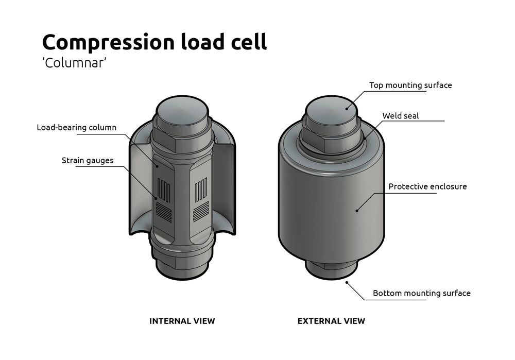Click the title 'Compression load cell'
point(154,41)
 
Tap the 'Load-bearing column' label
point(76,127)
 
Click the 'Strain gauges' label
point(88,161)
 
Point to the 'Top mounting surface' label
point(410,85)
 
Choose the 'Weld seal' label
point(400,116)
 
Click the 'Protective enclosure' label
point(427,186)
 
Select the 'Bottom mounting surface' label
point(421,293)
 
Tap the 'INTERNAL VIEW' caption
point(182,321)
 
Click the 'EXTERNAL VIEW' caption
point(331,321)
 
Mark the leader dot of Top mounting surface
point(347,108)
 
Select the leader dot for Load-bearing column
point(157,166)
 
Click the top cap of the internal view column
point(182,110)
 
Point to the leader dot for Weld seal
point(365,138)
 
